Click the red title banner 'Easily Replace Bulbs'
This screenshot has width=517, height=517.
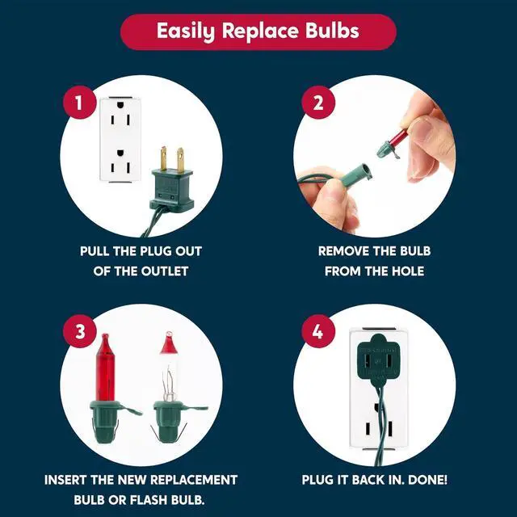pyautogui.click(x=258, y=32)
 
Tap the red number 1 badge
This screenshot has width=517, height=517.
pyautogui.click(x=79, y=103)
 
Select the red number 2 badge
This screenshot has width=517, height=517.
pyautogui.click(x=318, y=103)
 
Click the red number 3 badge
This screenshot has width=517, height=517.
pyautogui.click(x=79, y=331)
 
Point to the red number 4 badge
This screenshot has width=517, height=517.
pyautogui.click(x=318, y=331)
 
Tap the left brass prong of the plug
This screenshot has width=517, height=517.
pyautogui.click(x=164, y=158)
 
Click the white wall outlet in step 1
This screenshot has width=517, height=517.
pyautogui.click(x=120, y=139)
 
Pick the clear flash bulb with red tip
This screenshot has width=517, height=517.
pyautogui.click(x=171, y=389)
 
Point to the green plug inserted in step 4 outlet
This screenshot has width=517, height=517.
pyautogui.click(x=378, y=361)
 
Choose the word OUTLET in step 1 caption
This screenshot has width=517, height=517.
pyautogui.click(x=165, y=271)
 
